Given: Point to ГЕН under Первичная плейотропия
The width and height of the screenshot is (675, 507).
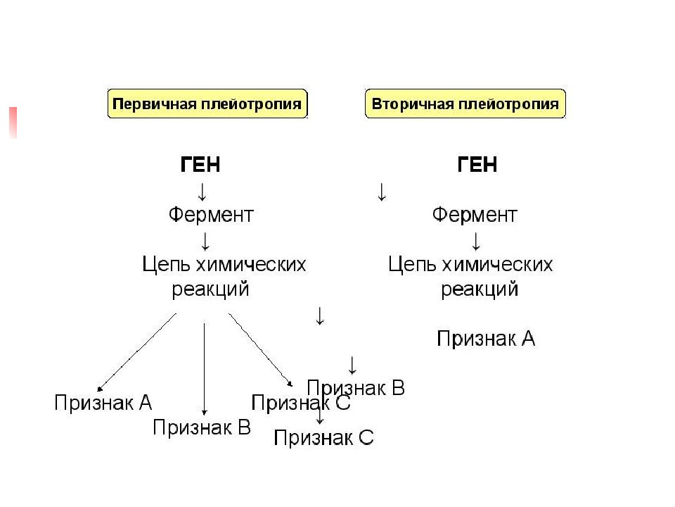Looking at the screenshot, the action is (200, 164).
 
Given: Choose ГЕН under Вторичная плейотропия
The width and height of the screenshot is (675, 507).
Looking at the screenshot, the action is (477, 164).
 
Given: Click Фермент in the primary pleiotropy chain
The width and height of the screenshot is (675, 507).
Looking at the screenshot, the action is (211, 214).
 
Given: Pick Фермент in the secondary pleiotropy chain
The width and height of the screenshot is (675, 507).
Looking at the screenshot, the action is (475, 214).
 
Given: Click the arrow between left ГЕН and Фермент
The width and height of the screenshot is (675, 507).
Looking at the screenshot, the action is (202, 192).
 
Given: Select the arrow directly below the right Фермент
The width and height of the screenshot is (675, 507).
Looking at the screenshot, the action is (476, 242).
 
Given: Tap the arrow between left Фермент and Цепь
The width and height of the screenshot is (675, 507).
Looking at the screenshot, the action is (205, 242).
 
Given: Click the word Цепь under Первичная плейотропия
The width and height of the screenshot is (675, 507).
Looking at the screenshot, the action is (166, 264).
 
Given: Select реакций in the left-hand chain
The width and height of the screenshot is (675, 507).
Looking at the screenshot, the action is (210, 289).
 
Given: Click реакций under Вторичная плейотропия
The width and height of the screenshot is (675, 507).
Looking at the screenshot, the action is (480, 289).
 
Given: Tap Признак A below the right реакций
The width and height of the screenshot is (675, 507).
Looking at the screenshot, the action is (486, 339).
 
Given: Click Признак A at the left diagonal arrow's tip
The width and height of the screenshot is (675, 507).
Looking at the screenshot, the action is (103, 403).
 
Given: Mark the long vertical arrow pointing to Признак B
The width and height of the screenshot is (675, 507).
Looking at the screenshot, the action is (204, 369).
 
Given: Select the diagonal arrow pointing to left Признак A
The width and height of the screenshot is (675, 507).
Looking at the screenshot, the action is (137, 352).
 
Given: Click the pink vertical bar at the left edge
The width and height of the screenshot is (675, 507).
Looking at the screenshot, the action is (13, 123).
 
